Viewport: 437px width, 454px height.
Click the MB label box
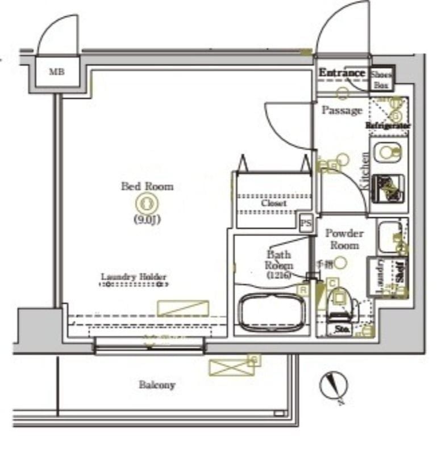point(56,72)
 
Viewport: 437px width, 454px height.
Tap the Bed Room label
point(147,186)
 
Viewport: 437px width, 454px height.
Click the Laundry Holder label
point(134,277)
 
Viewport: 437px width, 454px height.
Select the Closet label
point(274,203)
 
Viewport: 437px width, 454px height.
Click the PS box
point(306,224)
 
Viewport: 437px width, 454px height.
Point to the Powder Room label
point(344,239)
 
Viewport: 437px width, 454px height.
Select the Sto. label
point(342,329)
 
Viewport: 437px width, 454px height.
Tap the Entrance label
point(342,73)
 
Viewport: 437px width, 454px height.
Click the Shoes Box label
point(381,80)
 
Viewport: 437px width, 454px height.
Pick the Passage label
point(342,110)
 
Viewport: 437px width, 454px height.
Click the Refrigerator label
point(388,125)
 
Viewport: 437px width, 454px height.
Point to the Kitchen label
point(365,170)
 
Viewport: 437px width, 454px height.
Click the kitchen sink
point(388,152)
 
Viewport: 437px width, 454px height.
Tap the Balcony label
point(157,385)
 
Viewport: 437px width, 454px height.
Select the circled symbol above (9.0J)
point(147,203)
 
